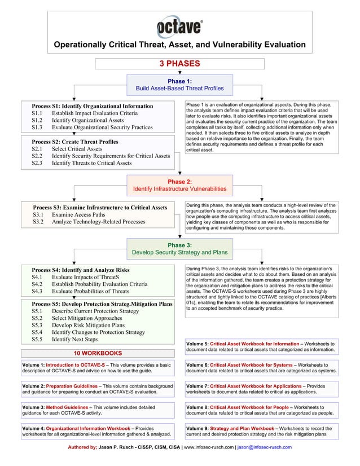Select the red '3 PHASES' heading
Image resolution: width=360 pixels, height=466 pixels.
179,63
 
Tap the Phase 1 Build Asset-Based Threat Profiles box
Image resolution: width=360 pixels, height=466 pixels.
179,85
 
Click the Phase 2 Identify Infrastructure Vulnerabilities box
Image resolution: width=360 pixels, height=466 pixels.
179,185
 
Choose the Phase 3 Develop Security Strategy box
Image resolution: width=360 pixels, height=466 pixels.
179,249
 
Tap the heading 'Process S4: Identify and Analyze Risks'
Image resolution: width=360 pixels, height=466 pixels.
81,270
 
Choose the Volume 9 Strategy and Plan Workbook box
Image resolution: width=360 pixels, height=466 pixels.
262,431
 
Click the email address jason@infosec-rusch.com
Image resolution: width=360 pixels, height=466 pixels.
265,447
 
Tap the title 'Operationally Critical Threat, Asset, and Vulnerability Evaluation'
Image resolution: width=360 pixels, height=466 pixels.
179,45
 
